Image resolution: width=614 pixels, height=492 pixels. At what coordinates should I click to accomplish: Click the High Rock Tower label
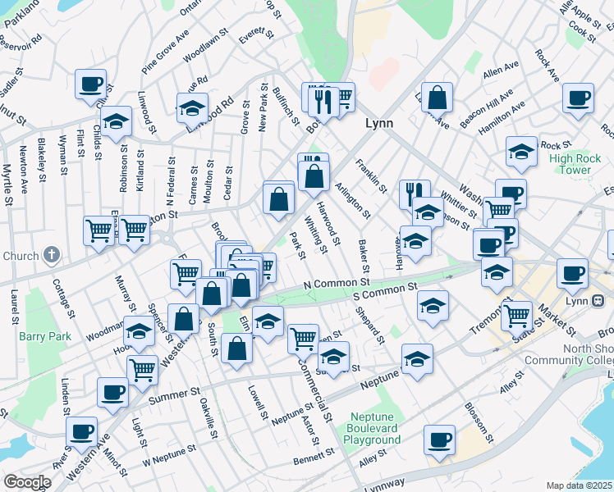tap(570, 164)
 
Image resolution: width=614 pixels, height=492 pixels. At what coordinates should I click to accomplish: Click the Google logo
tap(27, 482)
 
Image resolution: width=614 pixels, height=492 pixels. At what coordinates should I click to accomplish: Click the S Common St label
tap(380, 290)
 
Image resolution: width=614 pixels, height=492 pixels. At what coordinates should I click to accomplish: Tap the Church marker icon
tap(52, 255)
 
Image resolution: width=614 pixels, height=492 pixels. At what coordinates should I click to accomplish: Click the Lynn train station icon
tap(598, 301)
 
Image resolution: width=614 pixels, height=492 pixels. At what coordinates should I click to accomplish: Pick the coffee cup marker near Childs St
tap(90, 83)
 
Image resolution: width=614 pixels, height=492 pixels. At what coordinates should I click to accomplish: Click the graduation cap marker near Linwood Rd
tap(192, 107)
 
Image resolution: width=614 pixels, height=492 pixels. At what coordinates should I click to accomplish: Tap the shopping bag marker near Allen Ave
tap(438, 96)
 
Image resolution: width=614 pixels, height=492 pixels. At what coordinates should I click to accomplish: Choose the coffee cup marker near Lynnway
tap(439, 439)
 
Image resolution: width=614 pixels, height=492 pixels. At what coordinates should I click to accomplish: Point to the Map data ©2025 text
tap(580, 485)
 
